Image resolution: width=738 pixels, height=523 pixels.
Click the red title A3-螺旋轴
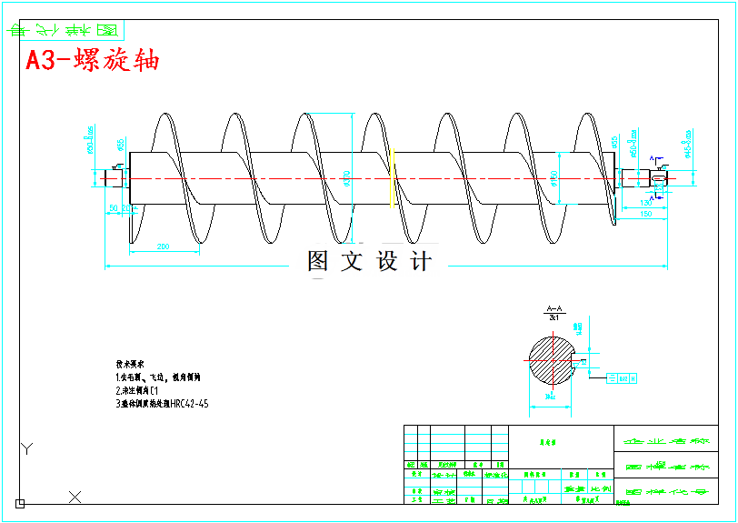click(x=92, y=61)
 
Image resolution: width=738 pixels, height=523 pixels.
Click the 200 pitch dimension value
click(x=165, y=246)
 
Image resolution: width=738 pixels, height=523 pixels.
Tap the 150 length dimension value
click(x=645, y=214)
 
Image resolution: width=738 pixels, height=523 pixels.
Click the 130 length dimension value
click(x=647, y=202)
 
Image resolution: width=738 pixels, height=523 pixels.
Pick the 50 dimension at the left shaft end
click(x=114, y=208)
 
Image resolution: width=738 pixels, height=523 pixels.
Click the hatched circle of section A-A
click(x=553, y=359)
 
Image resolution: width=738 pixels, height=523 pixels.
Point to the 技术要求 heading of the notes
click(x=130, y=362)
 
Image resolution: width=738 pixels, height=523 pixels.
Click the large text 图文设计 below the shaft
click(x=369, y=262)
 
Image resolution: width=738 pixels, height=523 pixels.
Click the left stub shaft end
click(x=113, y=177)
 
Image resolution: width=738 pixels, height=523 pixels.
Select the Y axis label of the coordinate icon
click(x=27, y=448)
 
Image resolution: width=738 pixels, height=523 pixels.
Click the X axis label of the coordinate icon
click(x=75, y=497)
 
